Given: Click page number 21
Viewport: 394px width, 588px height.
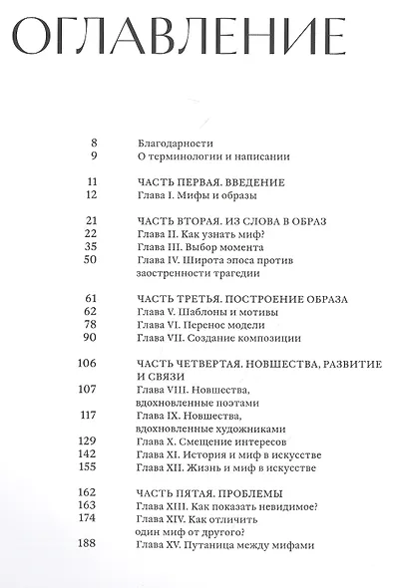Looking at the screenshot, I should point(90,219).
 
